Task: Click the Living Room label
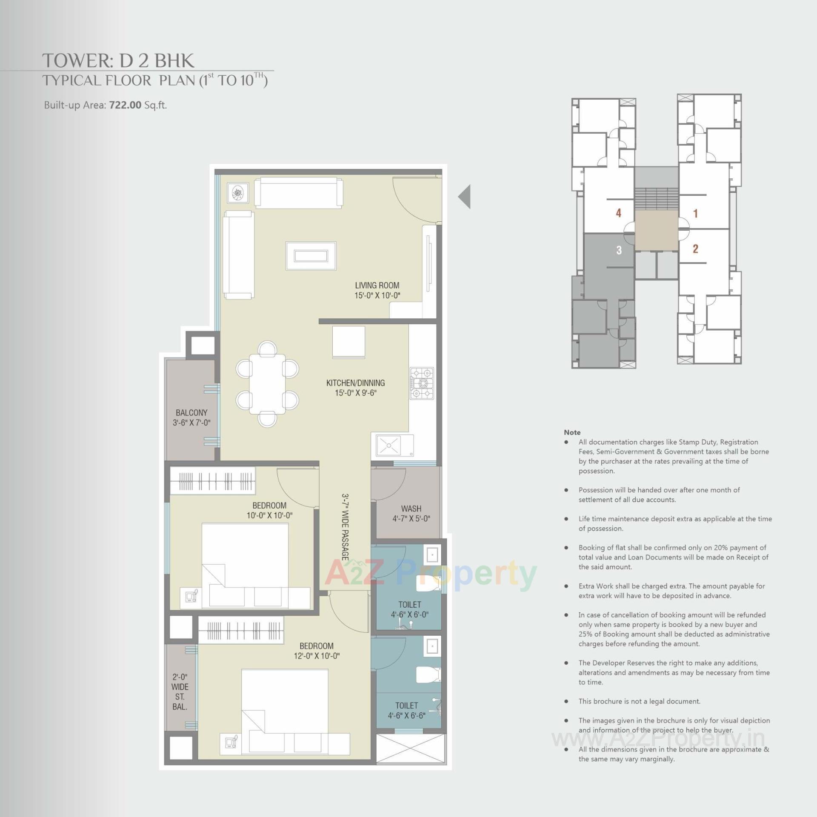(377, 290)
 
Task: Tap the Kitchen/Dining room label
(355, 388)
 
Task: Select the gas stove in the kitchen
(422, 383)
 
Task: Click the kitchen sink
(389, 446)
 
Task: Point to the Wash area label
(411, 513)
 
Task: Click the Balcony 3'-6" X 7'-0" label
(191, 417)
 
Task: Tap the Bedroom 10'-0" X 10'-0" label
(269, 510)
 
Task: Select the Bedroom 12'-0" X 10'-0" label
(317, 651)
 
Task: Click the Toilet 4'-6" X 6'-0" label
(409, 609)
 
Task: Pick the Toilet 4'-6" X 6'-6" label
(406, 711)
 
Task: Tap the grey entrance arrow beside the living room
(465, 197)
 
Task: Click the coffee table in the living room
(311, 256)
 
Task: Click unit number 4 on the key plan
(618, 213)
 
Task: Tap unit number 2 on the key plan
(695, 249)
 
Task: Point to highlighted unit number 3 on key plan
(619, 250)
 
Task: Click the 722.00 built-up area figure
(125, 105)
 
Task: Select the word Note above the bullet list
(572, 432)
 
